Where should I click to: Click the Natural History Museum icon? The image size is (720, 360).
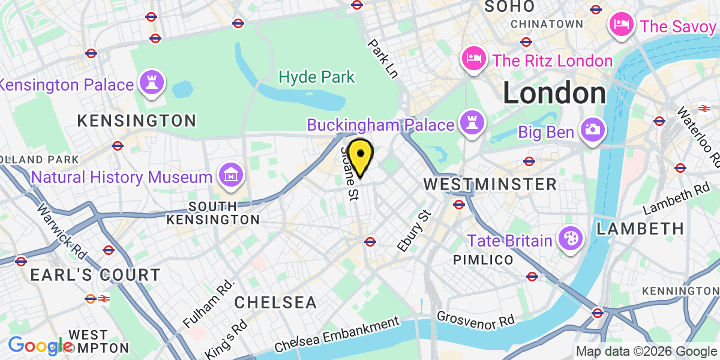(x=230, y=176)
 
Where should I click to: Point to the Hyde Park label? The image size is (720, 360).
(x=317, y=77)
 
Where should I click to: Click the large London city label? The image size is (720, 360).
(x=554, y=94)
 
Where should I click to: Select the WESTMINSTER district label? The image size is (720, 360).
(x=491, y=184)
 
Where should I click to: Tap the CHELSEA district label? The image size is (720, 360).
(x=275, y=302)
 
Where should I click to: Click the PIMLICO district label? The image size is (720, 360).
(x=484, y=260)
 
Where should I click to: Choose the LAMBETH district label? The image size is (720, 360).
(x=640, y=229)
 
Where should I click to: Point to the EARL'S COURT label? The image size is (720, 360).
(x=95, y=275)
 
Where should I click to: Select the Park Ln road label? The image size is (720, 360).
(x=383, y=59)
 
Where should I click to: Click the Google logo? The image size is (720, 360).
(x=41, y=346)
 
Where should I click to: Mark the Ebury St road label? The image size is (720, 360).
(x=414, y=230)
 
